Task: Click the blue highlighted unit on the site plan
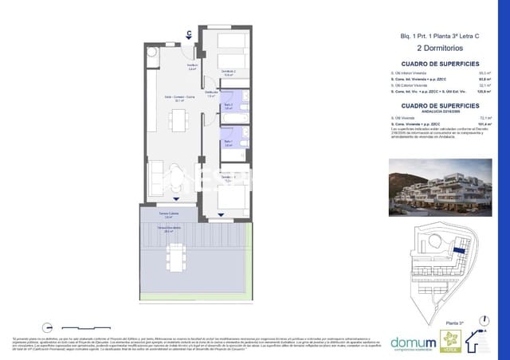pos(459,252)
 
